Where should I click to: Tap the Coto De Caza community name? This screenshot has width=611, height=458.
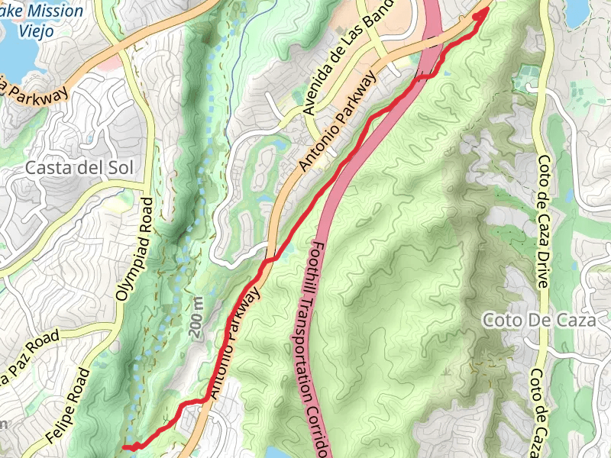tap(538, 321)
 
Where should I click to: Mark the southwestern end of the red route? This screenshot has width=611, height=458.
tap(124, 447)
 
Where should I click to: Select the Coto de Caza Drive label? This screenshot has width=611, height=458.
tap(543, 221)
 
